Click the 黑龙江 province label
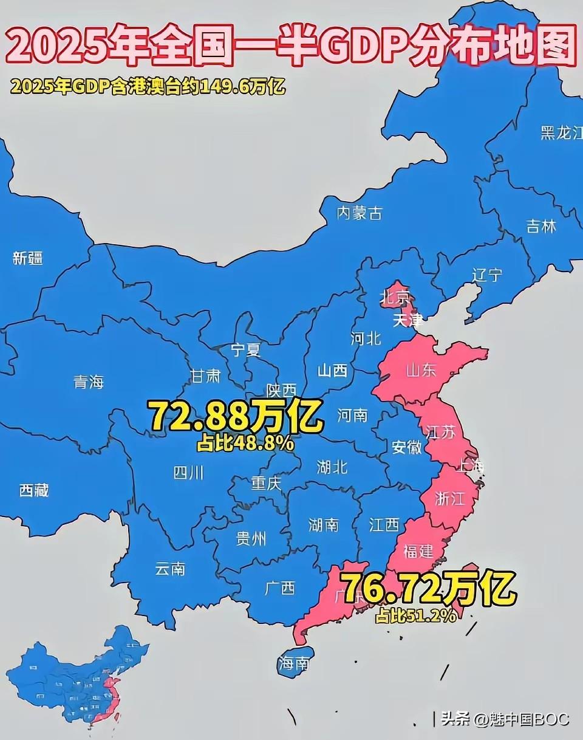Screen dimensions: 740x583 [x=561, y=133]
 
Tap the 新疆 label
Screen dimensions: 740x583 [x=28, y=258]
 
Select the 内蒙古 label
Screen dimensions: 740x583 [x=360, y=213]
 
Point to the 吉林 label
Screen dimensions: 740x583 [x=541, y=227]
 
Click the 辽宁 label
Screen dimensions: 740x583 [x=487, y=275]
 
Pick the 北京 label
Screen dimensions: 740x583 [x=395, y=298]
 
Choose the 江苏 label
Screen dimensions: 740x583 [x=440, y=432]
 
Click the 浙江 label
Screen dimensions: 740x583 [x=450, y=499]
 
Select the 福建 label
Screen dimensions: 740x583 [x=418, y=550]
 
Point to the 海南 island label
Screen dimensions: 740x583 [x=293, y=663]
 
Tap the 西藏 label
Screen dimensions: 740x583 [x=34, y=490]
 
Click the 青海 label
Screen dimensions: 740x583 [x=89, y=382]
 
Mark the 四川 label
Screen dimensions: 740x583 [x=189, y=472]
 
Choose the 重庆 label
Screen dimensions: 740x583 [x=267, y=484]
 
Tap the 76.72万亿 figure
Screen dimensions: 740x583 [x=430, y=589]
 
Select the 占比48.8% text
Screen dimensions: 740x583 [x=245, y=444]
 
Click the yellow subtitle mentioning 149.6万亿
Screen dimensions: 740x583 [x=148, y=86]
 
